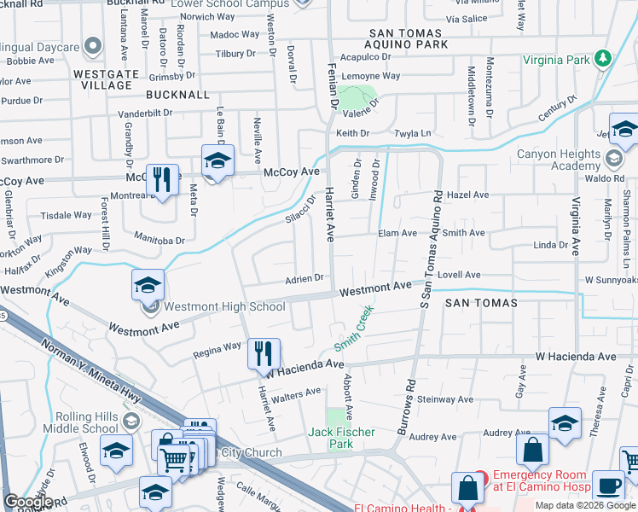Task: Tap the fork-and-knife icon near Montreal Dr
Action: pos(162,180)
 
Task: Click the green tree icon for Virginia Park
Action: pos(604,58)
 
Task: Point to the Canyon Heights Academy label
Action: pos(571,160)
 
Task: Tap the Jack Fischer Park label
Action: pos(341,438)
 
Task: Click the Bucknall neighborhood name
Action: pos(177,94)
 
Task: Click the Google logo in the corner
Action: pos(28,502)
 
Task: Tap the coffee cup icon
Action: pos(608,485)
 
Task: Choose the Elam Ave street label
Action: pos(397,232)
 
